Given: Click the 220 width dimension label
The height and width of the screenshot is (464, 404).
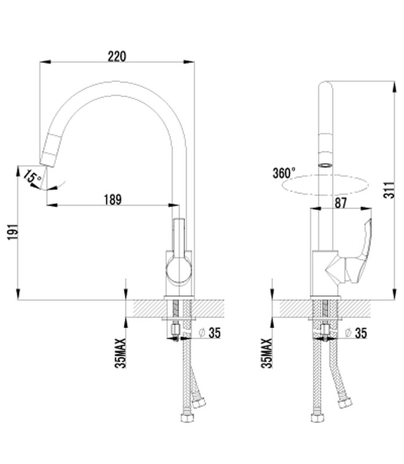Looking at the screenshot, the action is (117, 56).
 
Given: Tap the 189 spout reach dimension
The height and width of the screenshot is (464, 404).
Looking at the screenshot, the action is (113, 200).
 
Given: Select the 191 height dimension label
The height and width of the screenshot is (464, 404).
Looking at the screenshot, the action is (13, 232).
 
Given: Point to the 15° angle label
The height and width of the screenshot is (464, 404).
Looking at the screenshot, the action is (33, 177).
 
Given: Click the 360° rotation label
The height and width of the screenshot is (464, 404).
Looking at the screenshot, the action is (284, 173).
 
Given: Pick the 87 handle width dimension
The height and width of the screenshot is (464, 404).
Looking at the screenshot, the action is (340, 203).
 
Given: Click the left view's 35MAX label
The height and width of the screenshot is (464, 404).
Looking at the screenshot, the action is (120, 353).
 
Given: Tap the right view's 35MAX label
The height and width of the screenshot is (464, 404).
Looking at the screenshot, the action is (267, 353).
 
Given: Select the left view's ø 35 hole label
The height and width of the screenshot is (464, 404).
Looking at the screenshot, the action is (210, 333).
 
